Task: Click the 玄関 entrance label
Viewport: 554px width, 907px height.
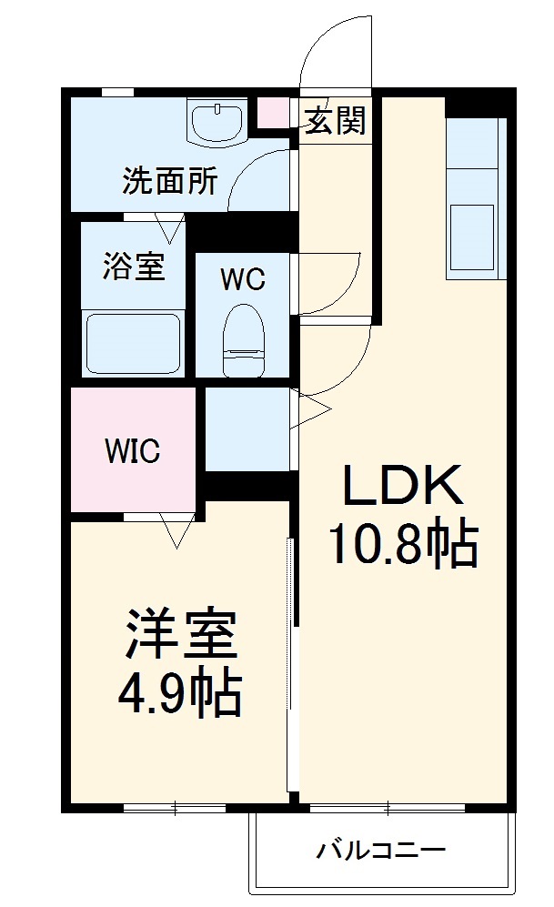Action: [335, 121]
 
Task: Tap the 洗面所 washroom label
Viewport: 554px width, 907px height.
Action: [170, 182]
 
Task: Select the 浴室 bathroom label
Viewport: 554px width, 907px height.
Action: [134, 267]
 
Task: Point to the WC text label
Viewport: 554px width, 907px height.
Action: [243, 280]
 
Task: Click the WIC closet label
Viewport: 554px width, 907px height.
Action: [133, 450]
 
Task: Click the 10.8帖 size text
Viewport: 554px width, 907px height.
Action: [402, 545]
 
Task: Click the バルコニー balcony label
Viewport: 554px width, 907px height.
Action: [380, 852]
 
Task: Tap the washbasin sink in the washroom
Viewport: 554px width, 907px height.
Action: [218, 122]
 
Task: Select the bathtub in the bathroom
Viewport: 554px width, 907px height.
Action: [133, 344]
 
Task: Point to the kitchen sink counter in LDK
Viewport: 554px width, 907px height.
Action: [473, 196]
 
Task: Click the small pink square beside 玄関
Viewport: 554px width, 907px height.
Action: [272, 113]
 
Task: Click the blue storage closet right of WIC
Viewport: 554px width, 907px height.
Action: [247, 428]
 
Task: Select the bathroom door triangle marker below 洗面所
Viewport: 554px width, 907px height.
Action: [167, 224]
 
